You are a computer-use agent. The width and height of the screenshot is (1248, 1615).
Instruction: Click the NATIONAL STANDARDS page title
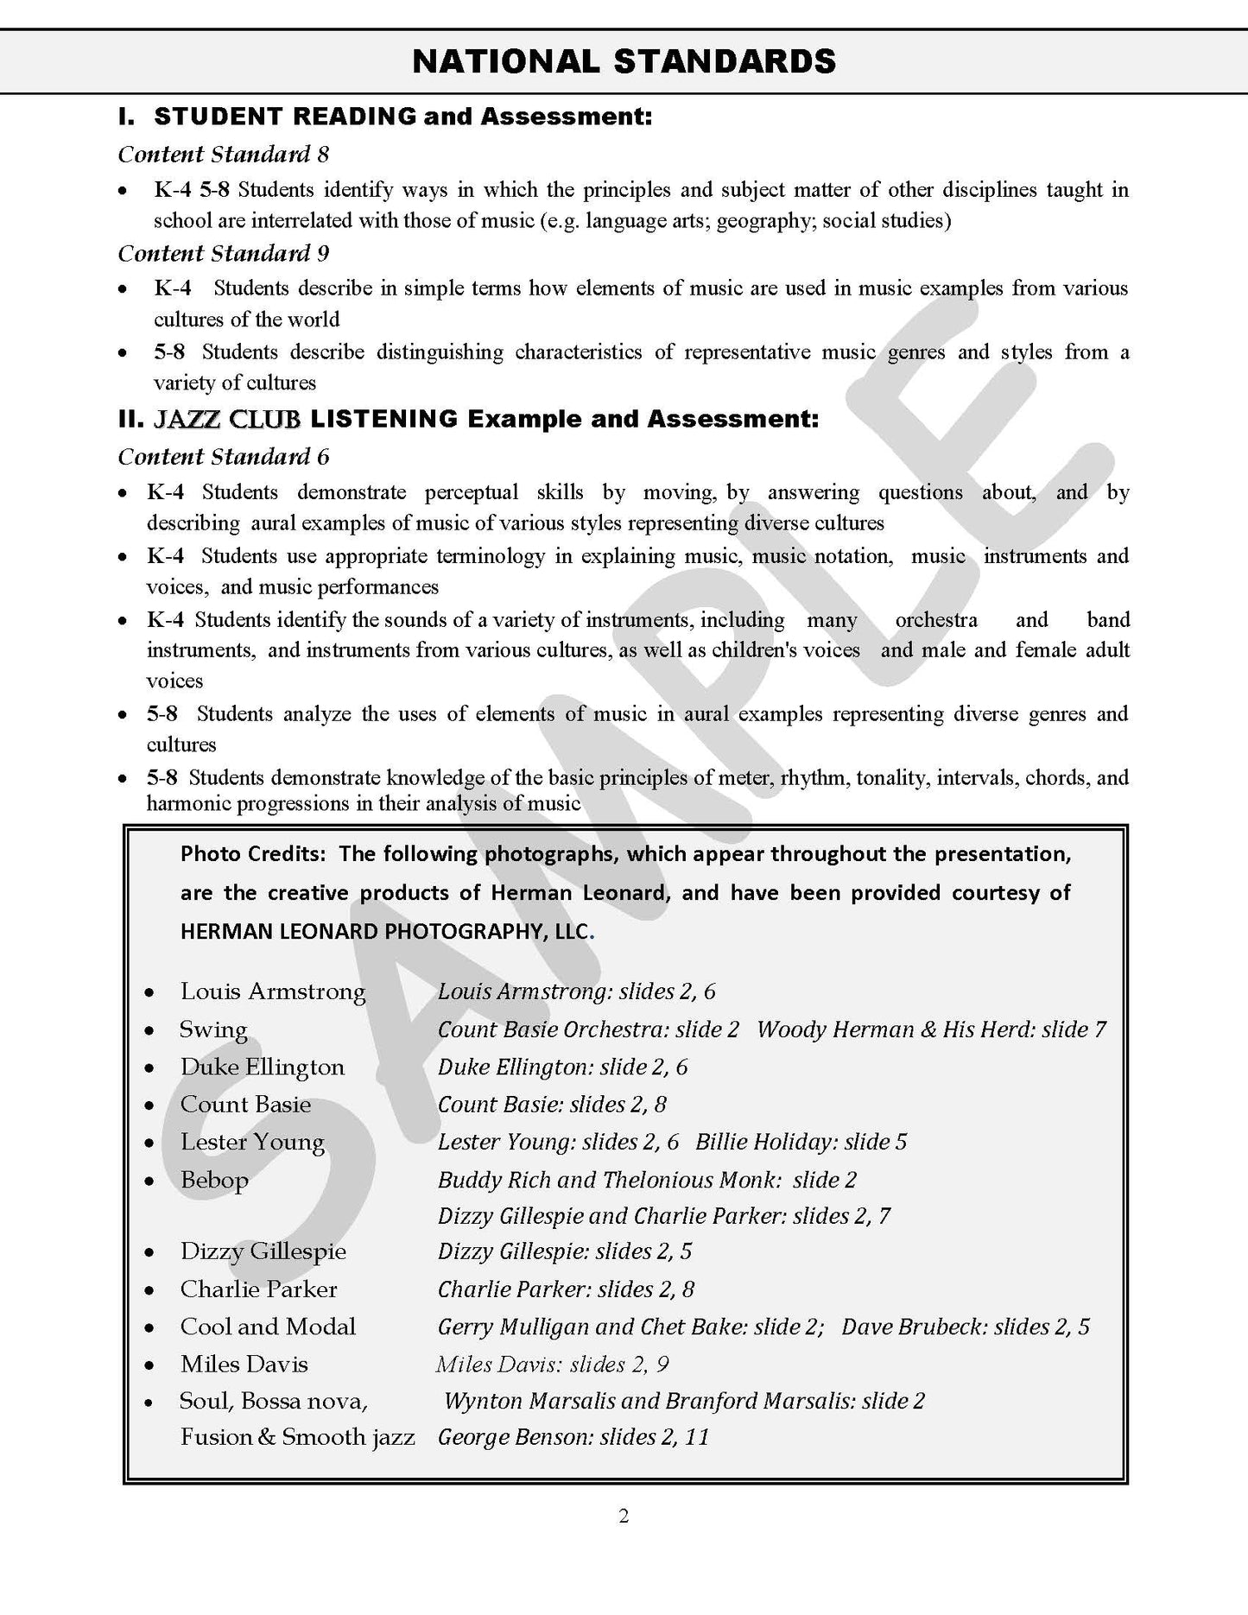(624, 61)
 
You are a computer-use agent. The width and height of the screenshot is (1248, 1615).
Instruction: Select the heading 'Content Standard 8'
(224, 155)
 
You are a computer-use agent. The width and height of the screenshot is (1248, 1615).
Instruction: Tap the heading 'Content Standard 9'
(224, 253)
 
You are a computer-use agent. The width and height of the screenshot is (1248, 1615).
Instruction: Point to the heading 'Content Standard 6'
(224, 457)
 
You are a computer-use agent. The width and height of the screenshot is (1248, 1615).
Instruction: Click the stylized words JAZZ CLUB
(227, 420)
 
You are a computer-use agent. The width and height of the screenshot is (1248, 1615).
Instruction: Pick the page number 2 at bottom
(624, 1517)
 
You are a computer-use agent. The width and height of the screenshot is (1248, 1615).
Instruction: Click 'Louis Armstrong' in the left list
(273, 991)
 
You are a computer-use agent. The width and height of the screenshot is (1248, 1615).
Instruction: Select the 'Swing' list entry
(213, 1029)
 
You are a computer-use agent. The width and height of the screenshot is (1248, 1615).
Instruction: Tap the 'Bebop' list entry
(214, 1180)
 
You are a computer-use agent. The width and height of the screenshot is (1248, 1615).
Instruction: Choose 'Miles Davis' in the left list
(244, 1365)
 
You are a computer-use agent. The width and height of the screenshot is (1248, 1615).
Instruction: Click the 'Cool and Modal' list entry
(268, 1327)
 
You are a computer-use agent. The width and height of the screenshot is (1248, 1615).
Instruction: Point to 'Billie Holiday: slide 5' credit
(801, 1142)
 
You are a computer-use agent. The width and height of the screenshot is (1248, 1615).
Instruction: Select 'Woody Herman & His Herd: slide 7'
(931, 1029)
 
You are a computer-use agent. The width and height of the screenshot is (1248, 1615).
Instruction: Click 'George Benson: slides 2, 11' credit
(573, 1437)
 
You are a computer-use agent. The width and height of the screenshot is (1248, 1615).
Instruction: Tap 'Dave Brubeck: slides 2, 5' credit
(966, 1327)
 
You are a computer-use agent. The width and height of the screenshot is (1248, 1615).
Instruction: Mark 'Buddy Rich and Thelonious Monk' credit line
(647, 1180)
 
